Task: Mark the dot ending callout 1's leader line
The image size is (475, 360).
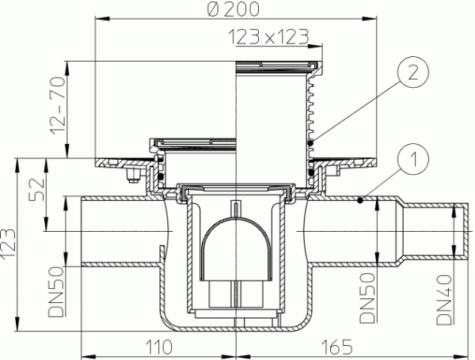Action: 360,201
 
